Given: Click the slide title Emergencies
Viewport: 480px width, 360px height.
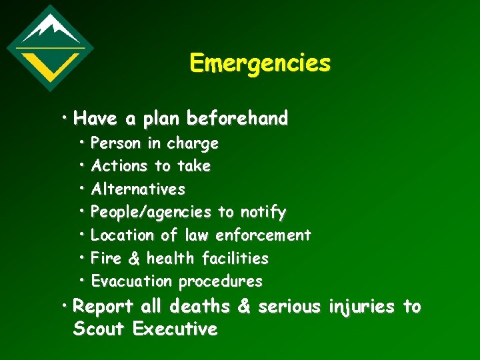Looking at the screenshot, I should point(259,63).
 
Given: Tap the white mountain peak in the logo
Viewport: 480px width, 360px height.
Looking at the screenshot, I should point(49,27).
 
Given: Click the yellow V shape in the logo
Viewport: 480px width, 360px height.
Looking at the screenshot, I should point(50,62).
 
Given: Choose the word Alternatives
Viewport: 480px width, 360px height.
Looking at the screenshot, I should point(138,189).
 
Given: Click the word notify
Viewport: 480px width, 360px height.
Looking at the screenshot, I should point(263,213).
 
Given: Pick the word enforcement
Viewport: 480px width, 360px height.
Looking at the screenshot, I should point(263,235).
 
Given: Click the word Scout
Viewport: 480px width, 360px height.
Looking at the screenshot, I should point(99,329).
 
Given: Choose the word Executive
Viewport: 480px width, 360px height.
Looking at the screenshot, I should point(175,329).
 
